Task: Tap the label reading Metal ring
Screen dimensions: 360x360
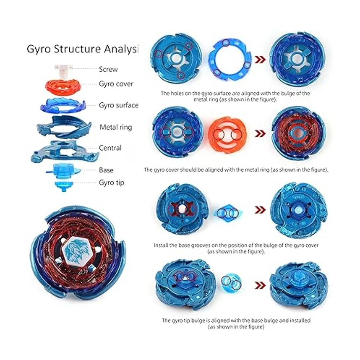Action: [x=116, y=127]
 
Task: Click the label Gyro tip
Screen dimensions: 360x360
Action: [x=112, y=182]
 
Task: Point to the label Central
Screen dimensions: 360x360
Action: [x=110, y=148]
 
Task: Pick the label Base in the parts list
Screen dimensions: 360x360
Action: [x=106, y=170]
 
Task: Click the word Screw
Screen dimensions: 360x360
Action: [x=108, y=69]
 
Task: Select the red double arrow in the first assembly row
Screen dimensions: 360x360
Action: [x=260, y=60]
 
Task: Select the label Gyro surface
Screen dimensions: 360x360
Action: [x=119, y=105]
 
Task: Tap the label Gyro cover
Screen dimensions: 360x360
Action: [x=116, y=84]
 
